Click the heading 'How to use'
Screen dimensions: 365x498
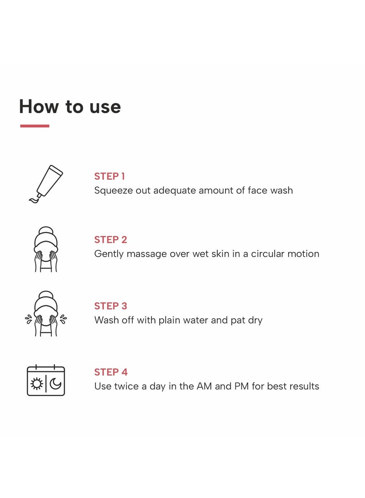point(70,106)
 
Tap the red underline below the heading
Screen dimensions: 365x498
point(35,126)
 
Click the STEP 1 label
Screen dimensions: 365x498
point(109,176)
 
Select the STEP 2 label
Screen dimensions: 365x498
point(110,240)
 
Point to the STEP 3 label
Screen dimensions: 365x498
point(110,306)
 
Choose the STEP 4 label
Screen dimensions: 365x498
point(111,372)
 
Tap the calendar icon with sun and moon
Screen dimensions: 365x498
point(46,380)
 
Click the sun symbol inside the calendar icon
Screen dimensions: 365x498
point(36,384)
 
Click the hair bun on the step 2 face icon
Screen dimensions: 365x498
point(46,230)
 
